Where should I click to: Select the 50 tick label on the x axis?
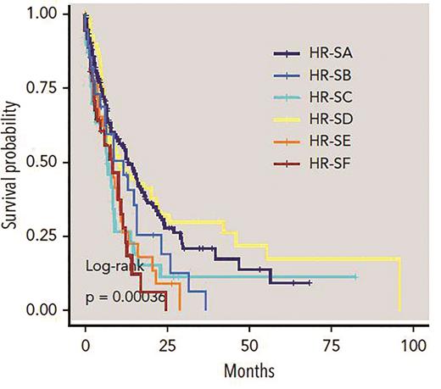click(248, 347)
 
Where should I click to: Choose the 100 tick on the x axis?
click(412, 347)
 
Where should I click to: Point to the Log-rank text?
click(114, 265)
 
